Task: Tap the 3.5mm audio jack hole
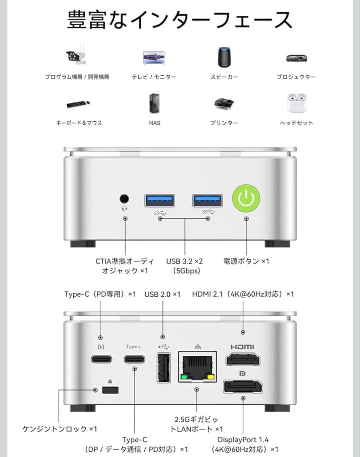click(x=125, y=198)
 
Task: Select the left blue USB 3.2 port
click(x=160, y=200)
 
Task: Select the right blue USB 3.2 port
click(x=208, y=200)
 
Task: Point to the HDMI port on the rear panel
click(x=243, y=360)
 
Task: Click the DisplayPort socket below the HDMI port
click(x=243, y=386)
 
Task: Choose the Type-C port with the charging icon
click(x=101, y=360)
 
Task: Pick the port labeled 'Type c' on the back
click(x=134, y=360)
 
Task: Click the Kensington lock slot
click(x=110, y=390)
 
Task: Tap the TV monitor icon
click(x=154, y=58)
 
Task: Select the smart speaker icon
click(x=224, y=57)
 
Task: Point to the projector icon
click(x=296, y=58)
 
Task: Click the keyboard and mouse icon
click(x=78, y=104)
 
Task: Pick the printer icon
click(x=224, y=104)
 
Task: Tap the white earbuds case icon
click(x=296, y=103)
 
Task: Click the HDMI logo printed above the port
click(x=243, y=347)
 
